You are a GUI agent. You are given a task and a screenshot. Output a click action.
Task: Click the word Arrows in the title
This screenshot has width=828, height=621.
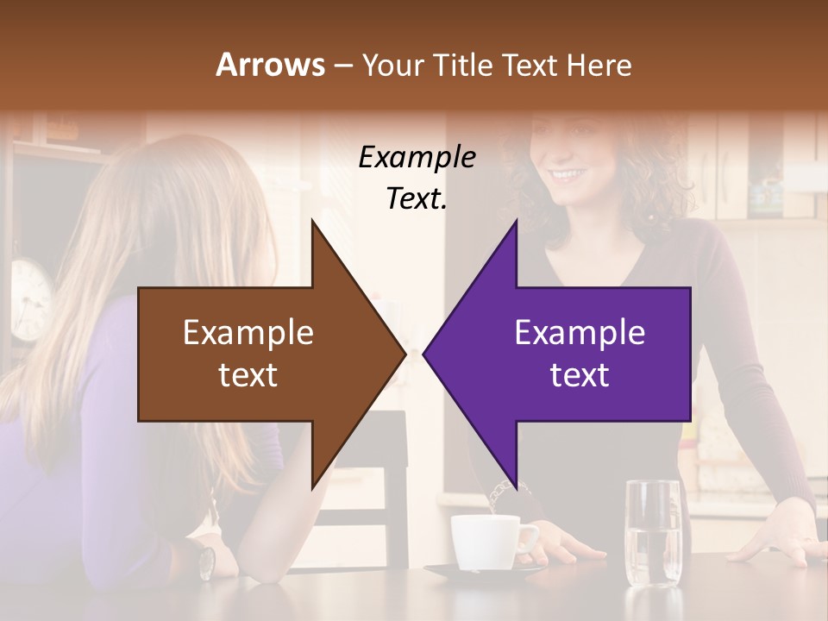pos(270,65)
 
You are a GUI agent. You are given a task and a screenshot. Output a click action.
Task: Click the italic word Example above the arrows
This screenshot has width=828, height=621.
pos(417,157)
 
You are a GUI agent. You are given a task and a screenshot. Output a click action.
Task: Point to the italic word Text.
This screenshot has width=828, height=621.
pos(417,198)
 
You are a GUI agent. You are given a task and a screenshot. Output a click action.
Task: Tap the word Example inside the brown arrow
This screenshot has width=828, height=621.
pos(248,333)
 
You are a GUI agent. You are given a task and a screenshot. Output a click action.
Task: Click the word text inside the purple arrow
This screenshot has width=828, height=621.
pos(580,375)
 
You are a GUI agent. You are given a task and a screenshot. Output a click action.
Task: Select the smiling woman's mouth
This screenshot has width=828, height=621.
pos(568,174)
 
